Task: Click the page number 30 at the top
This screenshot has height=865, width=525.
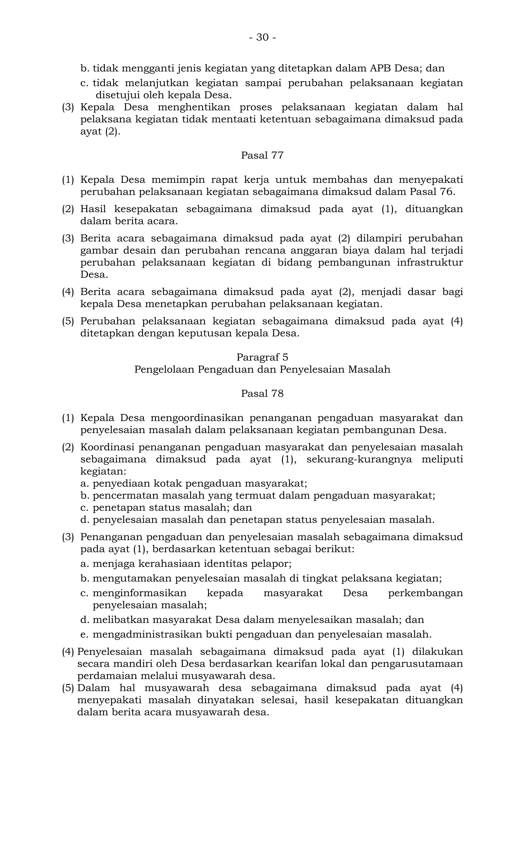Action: pyautogui.click(x=262, y=37)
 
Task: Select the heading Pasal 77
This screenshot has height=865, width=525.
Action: pyautogui.click(x=262, y=155)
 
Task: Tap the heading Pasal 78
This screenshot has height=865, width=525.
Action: pyautogui.click(x=262, y=394)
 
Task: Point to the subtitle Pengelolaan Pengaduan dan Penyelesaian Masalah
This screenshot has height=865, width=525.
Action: pyautogui.click(x=262, y=369)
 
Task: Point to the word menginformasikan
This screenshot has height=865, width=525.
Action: pyautogui.click(x=139, y=593)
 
